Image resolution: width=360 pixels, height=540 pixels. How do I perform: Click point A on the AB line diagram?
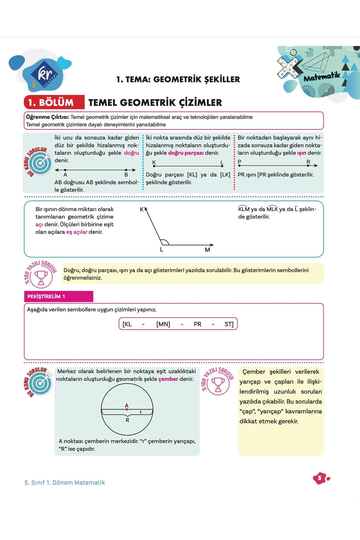pos(65,170)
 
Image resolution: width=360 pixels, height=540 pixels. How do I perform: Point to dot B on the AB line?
pos(126,170)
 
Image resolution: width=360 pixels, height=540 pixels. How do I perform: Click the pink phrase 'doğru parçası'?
pos(186,153)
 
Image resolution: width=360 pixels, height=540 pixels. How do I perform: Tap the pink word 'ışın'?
pos(301,153)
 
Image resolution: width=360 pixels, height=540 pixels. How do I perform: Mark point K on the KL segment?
pos(154,166)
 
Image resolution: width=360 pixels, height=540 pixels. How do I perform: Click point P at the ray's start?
pos(240,165)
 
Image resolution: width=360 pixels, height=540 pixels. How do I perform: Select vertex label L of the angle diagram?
pos(161,250)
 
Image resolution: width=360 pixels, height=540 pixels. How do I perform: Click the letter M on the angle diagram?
pos(207,250)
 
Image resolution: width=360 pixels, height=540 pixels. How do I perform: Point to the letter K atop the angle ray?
pos(142,209)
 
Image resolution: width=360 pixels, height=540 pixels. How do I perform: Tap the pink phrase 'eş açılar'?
pos(77,232)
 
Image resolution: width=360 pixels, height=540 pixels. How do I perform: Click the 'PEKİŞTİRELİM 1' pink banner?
pos(58,296)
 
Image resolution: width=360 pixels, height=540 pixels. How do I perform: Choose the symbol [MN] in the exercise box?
pos(163,324)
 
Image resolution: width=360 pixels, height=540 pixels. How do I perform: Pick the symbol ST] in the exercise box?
pos(229,324)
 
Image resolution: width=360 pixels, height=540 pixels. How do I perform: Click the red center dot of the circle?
pos(127,409)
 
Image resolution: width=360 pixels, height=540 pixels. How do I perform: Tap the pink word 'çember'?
pos(168,379)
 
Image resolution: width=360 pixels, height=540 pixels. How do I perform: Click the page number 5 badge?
pos(320,478)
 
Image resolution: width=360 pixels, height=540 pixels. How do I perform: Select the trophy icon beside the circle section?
pos(218,384)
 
